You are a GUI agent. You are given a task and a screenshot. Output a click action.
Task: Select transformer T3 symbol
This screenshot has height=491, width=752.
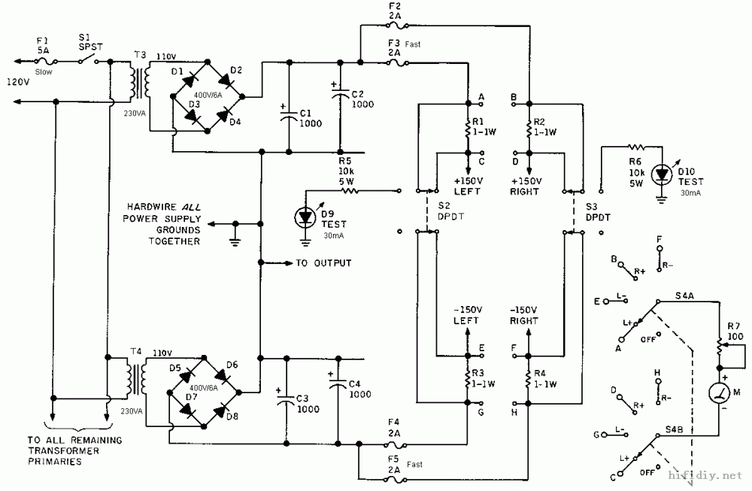[140, 82]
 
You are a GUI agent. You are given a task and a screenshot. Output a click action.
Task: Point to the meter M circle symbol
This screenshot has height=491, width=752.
[720, 393]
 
